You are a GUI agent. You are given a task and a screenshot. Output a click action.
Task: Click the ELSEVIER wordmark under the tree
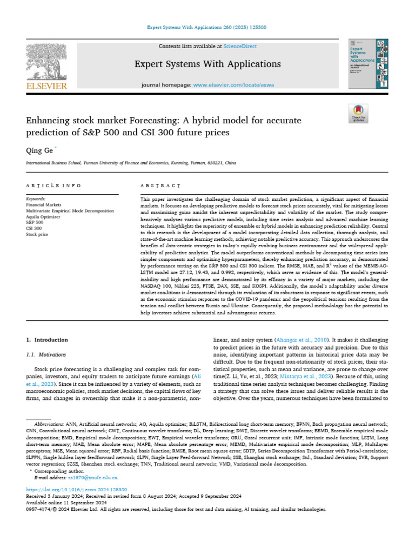(47, 85)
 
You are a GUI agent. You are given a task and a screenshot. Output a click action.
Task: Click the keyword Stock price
(37, 234)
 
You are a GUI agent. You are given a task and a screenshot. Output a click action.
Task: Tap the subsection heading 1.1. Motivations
(46, 355)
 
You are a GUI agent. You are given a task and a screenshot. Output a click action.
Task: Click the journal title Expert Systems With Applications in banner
(207, 64)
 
